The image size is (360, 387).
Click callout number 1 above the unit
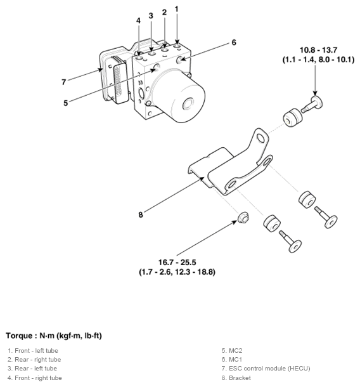(176, 9)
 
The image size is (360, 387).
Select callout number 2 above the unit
(164, 12)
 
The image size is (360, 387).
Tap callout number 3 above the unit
(151, 15)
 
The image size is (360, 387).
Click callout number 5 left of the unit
(65, 103)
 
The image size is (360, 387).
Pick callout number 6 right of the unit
(233, 43)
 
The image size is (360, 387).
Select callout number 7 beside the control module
(63, 82)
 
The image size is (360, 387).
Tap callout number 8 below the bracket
(141, 214)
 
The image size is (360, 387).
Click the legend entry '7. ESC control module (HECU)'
(266, 368)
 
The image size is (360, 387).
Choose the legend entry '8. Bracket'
(236, 378)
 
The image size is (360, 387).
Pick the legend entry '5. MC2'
(233, 350)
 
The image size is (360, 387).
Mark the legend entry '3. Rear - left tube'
(33, 368)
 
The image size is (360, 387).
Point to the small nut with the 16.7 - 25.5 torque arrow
(242, 220)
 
